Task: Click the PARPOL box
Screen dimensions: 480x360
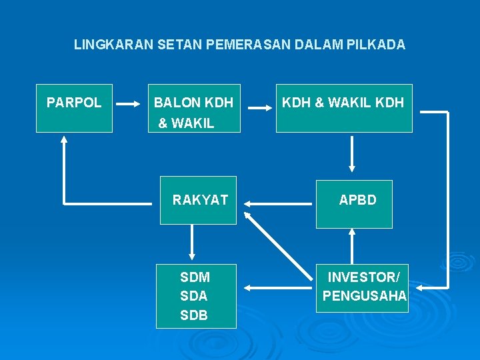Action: (74, 108)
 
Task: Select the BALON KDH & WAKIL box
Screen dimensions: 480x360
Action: (194, 108)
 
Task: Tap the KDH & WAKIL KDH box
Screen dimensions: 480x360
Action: (344, 108)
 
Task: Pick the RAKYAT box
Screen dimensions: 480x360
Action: (198, 200)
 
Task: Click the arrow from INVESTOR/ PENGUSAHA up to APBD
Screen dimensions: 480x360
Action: (352, 247)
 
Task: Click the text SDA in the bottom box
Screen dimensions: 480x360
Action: (194, 296)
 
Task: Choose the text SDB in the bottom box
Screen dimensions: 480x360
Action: (194, 315)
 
